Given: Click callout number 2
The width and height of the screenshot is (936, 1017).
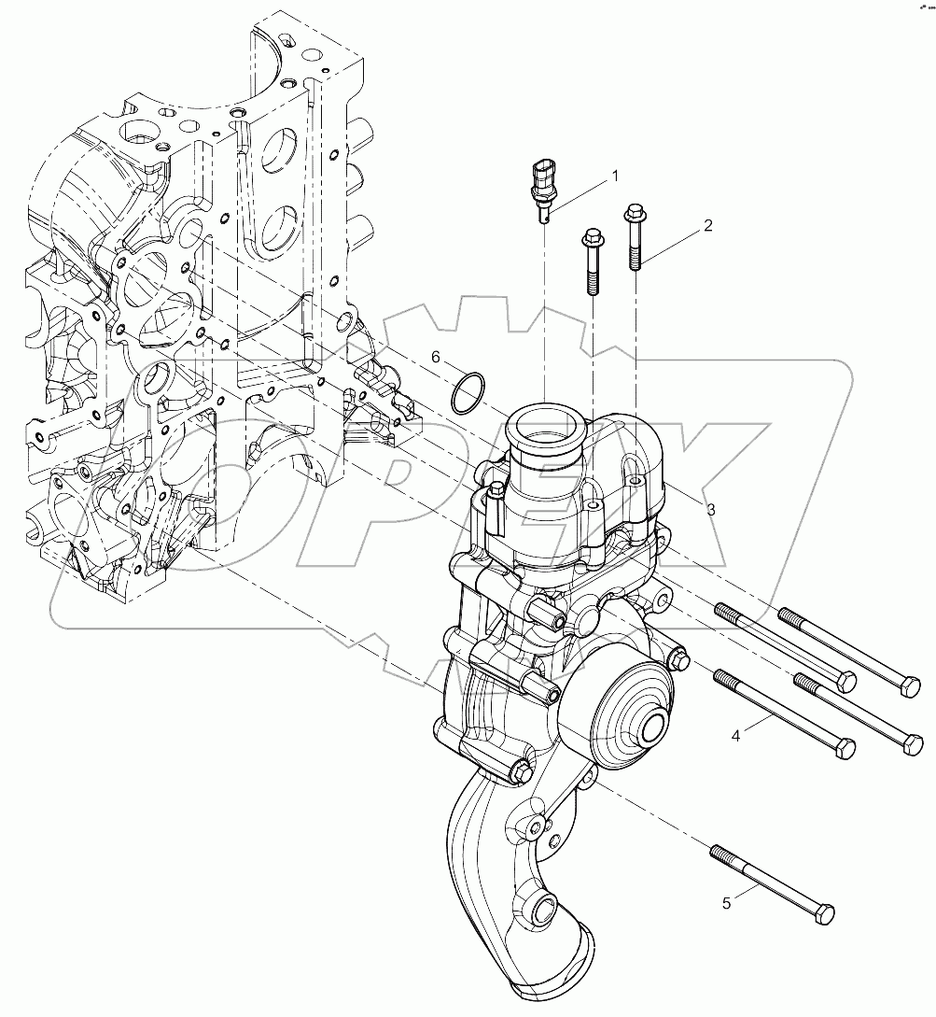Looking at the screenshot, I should [708, 225].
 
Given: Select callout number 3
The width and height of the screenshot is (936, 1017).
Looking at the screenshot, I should [710, 509].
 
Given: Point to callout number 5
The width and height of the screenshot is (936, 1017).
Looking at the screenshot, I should [728, 903].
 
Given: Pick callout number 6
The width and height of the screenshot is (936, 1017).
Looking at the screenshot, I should [435, 357].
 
